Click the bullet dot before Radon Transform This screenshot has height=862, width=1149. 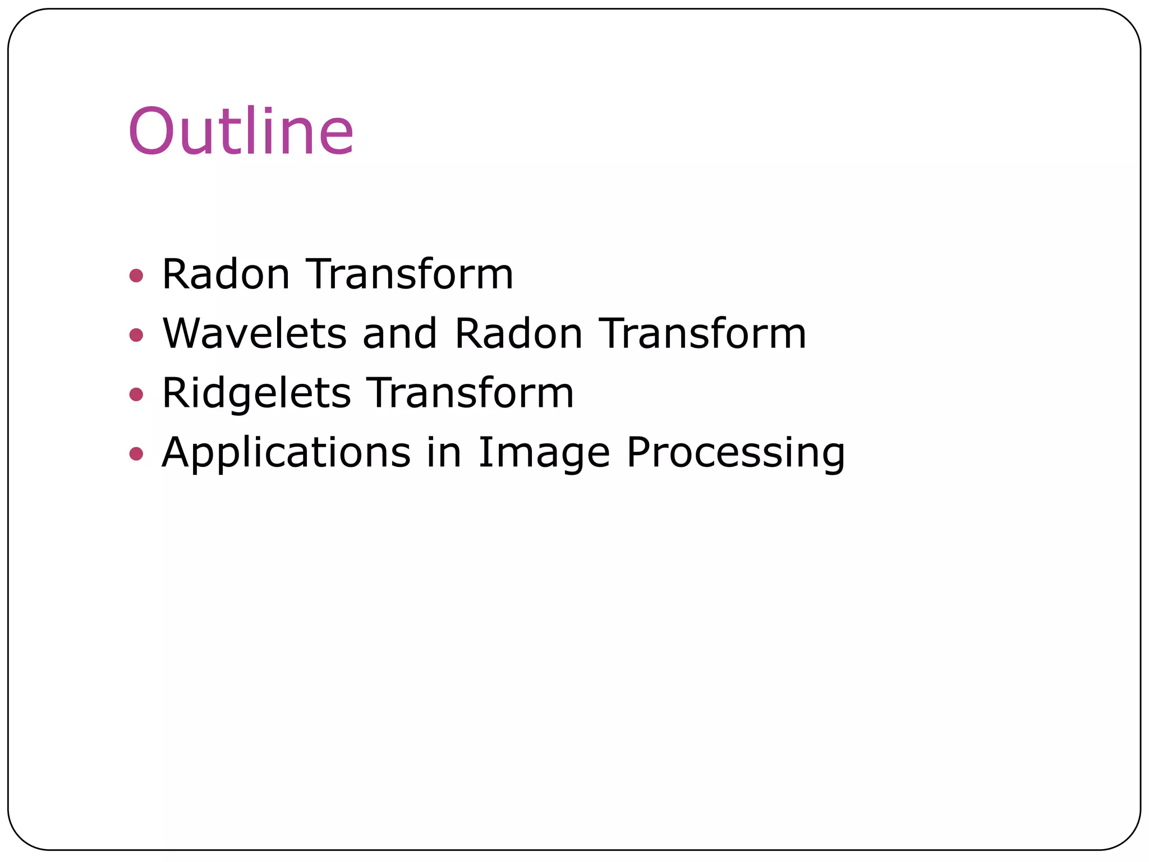coord(136,276)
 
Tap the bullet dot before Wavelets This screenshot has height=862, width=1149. coord(136,335)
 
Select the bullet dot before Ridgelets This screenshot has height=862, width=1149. coord(136,394)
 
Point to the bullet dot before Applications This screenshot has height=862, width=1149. coord(136,453)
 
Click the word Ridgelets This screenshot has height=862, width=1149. coord(256,393)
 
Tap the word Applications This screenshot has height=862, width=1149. coord(286,452)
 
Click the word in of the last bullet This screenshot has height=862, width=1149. coord(444,452)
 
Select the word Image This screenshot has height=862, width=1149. coord(544,452)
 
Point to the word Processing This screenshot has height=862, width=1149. coord(736,452)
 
